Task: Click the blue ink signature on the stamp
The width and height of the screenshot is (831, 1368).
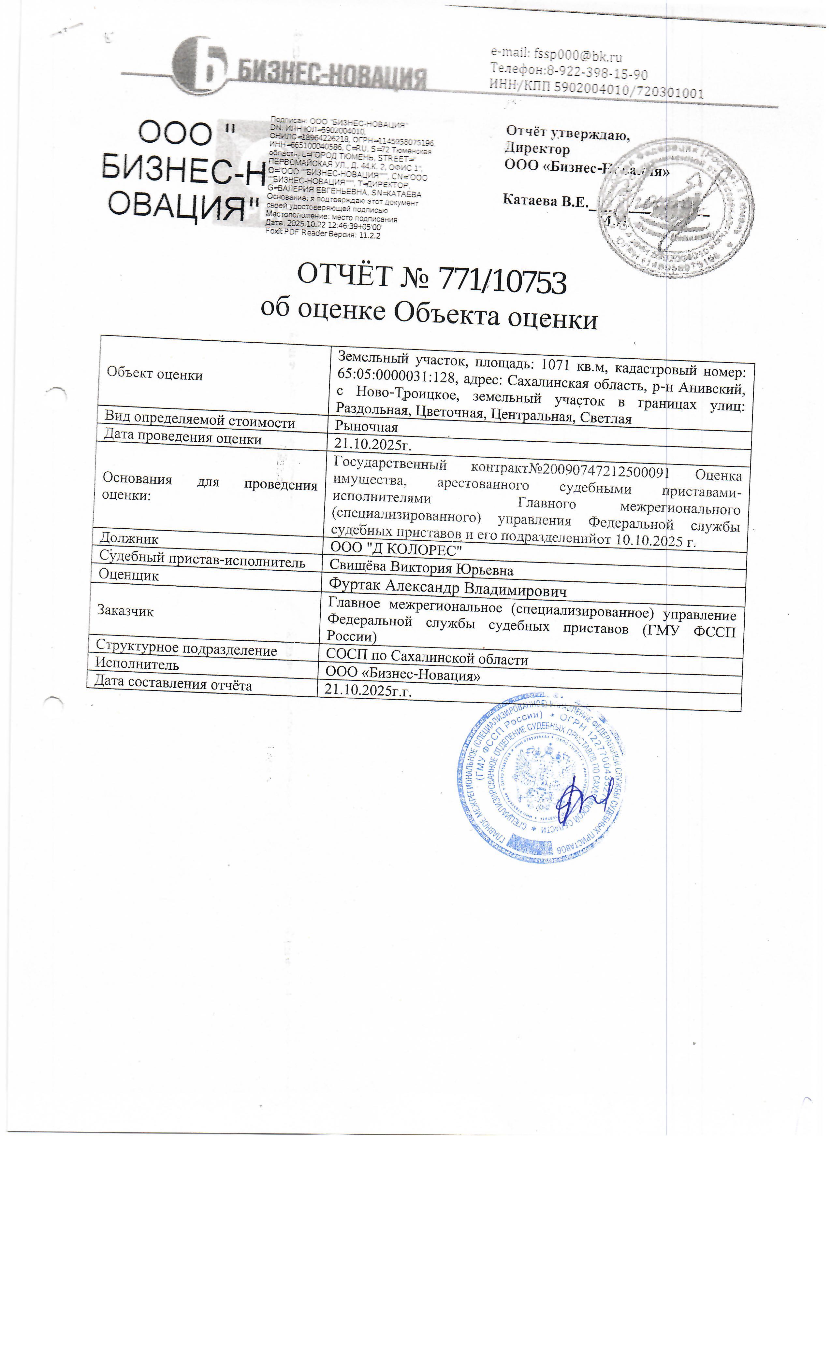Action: coord(580,802)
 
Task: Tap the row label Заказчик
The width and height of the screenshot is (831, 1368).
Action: coord(125,611)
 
